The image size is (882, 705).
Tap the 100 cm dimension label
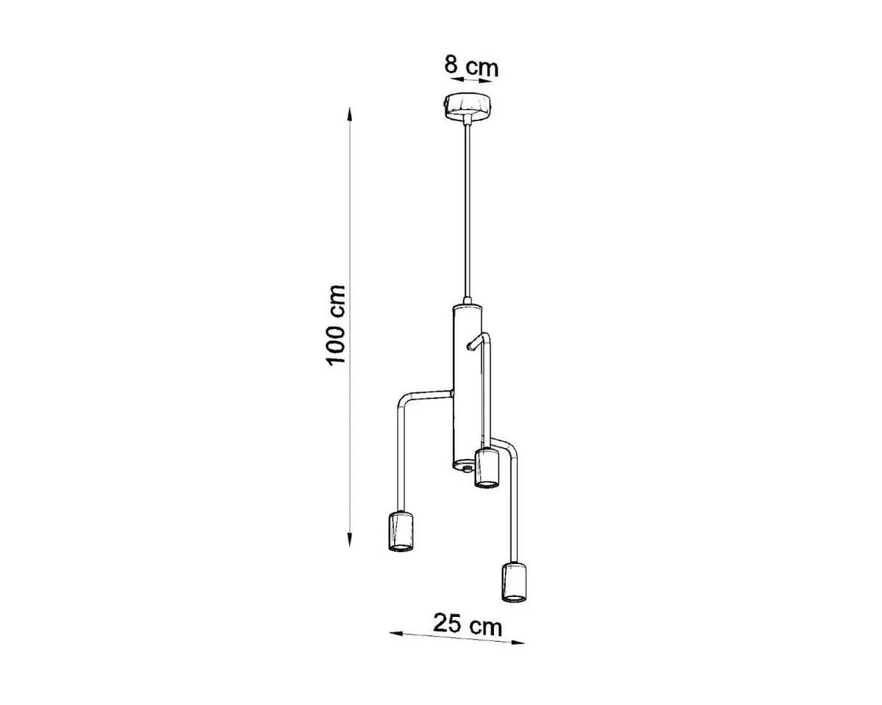point(336,325)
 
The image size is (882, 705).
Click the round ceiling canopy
point(468,106)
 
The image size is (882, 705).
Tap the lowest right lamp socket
point(514,582)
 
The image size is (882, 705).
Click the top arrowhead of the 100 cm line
point(350,114)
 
